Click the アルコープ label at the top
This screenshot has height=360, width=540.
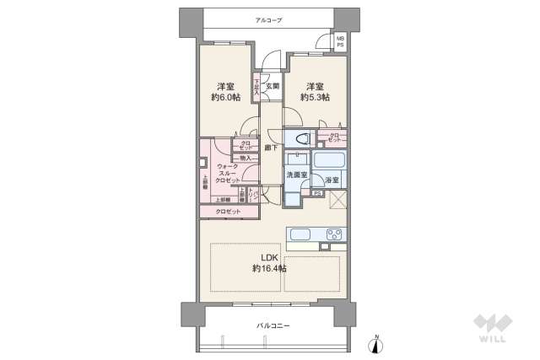[x=269, y=20]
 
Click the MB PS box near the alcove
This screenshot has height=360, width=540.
[x=340, y=41]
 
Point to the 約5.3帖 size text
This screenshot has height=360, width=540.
[x=315, y=98]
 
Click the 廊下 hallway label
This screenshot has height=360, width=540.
[x=271, y=148]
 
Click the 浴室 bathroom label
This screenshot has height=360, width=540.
[x=332, y=180]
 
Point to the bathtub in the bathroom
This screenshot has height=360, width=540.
[x=330, y=160]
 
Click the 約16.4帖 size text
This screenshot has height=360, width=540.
[x=269, y=268]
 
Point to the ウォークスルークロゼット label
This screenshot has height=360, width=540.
[x=228, y=173]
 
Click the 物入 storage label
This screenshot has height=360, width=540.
[x=246, y=158]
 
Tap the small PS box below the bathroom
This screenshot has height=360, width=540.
[x=317, y=193]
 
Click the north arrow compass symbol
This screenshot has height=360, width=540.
[x=377, y=343]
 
